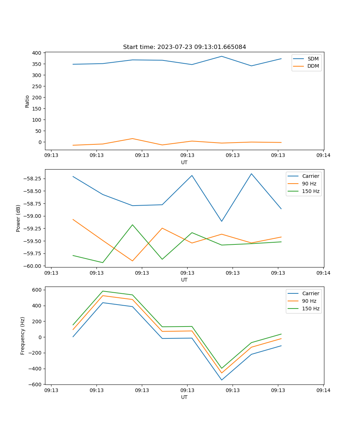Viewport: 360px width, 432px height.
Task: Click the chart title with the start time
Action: click(x=184, y=47)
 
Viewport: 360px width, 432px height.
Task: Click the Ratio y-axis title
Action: click(x=27, y=101)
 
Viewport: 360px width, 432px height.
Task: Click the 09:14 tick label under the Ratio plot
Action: click(x=323, y=156)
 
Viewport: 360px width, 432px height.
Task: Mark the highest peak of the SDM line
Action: click(x=222, y=56)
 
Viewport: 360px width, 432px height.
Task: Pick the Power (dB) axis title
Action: click(x=18, y=218)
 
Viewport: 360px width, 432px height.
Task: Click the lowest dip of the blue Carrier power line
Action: click(x=222, y=221)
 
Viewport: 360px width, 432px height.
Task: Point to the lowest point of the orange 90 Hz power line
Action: click(x=132, y=261)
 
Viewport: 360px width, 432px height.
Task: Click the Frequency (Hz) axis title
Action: click(x=22, y=336)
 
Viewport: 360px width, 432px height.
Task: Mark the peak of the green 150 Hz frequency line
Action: click(x=103, y=291)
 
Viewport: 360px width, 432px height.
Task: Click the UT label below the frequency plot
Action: click(x=184, y=397)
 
